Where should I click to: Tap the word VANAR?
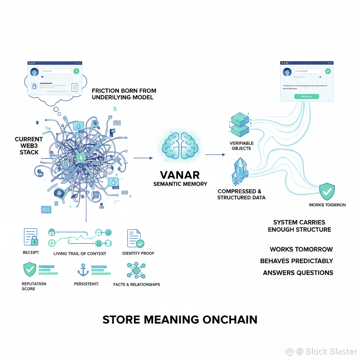180,175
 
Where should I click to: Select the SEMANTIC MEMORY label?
180,184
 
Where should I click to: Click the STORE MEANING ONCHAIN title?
180,320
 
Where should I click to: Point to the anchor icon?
82,270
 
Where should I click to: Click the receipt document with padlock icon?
30,237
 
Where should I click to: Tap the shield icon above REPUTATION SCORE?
30,270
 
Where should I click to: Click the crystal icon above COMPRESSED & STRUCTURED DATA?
240,172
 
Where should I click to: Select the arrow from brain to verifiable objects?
215,154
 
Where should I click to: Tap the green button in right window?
306,96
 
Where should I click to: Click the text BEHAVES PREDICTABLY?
296,261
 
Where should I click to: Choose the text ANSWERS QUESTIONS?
298,273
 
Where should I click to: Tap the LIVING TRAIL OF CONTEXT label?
80,253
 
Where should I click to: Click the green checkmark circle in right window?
328,71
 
